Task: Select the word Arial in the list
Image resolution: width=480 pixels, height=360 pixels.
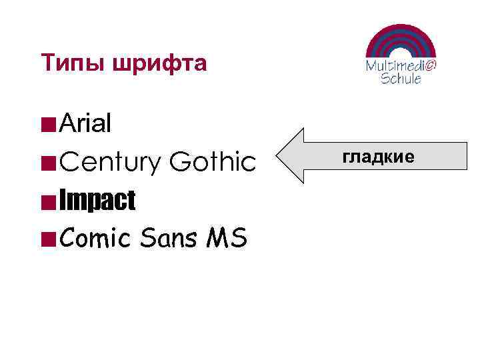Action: [x=85, y=123]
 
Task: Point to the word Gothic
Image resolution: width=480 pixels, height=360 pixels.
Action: [x=213, y=161]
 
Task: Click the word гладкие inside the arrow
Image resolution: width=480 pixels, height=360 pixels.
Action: [x=378, y=157]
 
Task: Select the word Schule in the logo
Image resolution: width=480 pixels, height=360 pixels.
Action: [x=401, y=78]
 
